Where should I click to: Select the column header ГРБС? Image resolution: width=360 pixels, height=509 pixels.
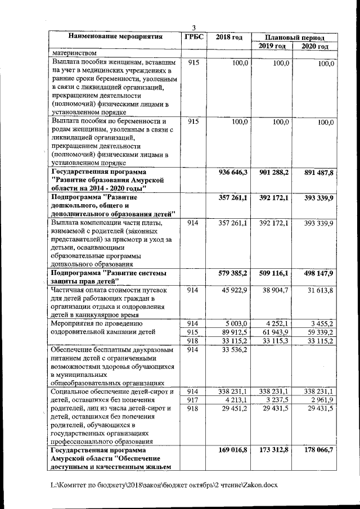(193, 37)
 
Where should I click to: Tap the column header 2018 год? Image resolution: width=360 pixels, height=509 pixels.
(229, 37)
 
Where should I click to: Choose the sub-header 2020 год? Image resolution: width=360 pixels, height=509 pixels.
(315, 46)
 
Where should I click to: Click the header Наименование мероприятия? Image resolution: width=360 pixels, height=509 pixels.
(115, 37)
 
